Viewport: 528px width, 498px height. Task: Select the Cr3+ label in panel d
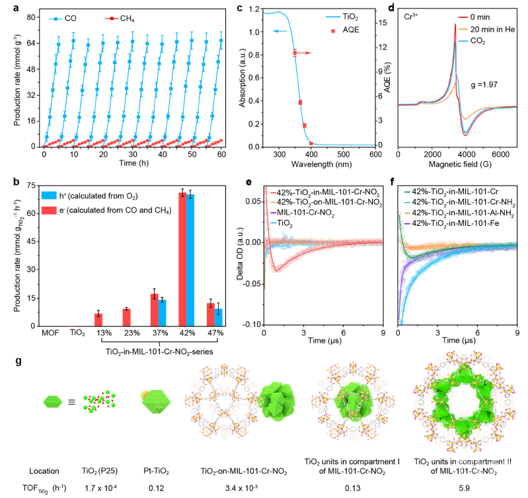click(x=412, y=14)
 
